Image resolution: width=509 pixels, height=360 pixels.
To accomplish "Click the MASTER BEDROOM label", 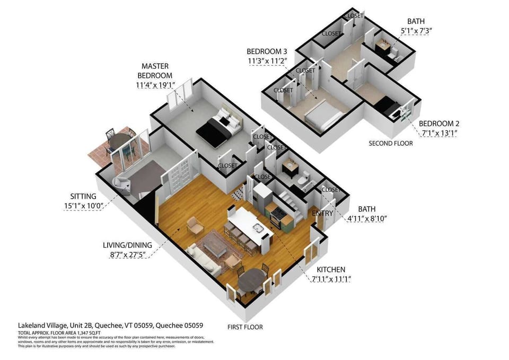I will [x=155, y=71].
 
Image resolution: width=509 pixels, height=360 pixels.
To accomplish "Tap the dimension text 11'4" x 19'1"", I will [x=155, y=85].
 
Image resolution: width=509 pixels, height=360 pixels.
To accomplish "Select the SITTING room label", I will [x=83, y=196].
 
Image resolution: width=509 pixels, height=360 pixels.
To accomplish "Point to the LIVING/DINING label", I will [x=127, y=245].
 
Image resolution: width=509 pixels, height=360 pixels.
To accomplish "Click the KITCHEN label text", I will [x=331, y=270].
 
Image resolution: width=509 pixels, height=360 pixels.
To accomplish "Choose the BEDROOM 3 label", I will [x=267, y=51].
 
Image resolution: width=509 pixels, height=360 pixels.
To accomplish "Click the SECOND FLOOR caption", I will [x=391, y=144].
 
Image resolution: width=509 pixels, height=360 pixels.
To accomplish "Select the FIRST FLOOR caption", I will [x=245, y=327].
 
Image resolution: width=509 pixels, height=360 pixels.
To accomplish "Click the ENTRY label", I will [x=322, y=214].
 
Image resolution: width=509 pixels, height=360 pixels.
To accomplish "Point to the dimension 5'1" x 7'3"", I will [x=416, y=31].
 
